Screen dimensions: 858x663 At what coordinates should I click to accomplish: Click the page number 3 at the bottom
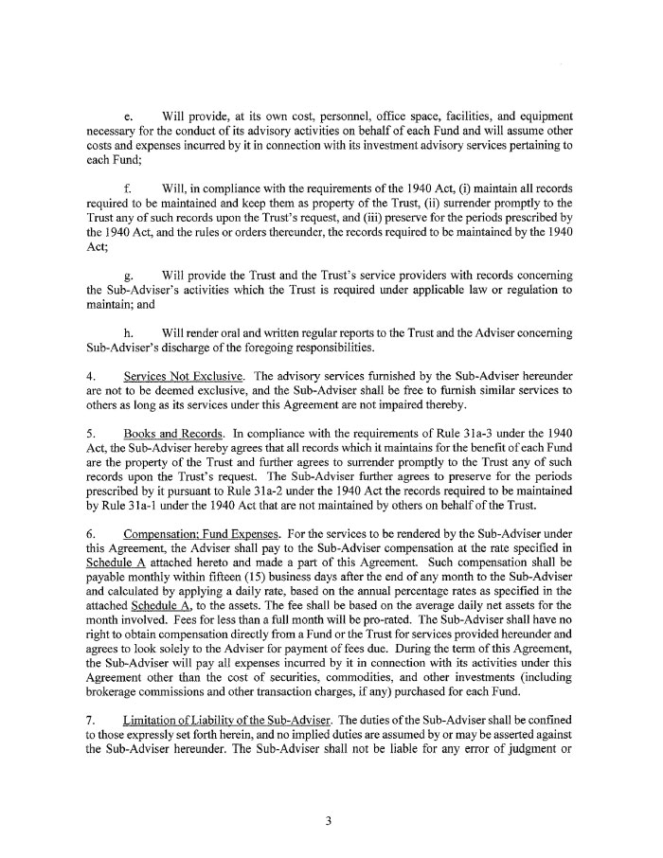328,821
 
